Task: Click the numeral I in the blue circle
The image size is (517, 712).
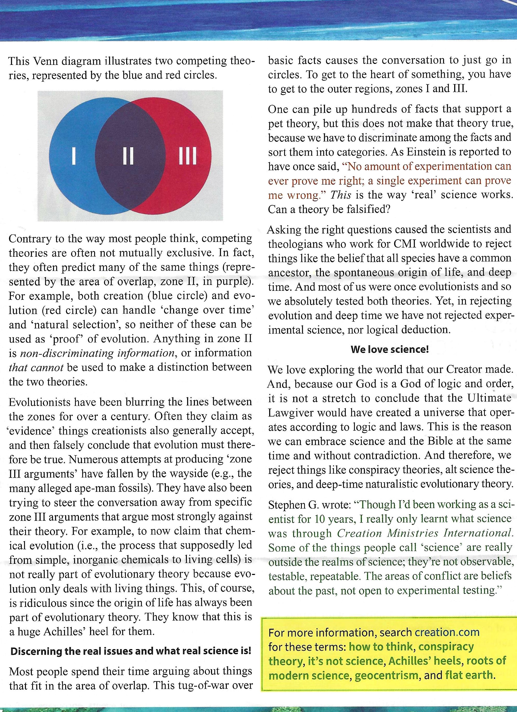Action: coord(74,156)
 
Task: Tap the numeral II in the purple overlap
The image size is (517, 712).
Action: coord(128,156)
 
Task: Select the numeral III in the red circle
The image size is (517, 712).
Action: coord(187,156)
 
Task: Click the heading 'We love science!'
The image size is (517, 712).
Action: coord(390,349)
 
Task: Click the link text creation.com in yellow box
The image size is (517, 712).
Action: coord(447,632)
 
